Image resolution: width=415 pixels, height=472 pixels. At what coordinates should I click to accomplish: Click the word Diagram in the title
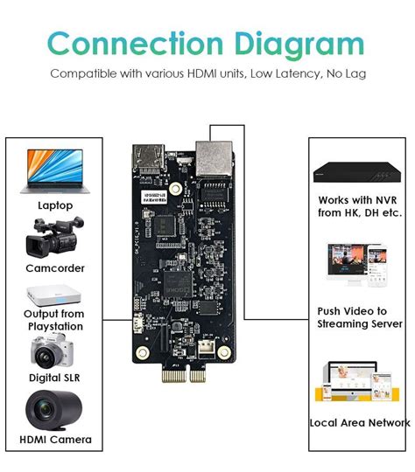click(x=292, y=44)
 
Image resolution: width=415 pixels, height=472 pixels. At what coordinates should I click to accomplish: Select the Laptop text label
click(x=55, y=205)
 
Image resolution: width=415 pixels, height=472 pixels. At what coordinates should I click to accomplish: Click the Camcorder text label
click(x=55, y=269)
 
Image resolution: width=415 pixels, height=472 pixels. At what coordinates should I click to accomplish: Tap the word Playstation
click(x=54, y=326)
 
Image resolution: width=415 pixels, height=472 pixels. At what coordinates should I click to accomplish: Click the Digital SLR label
click(x=55, y=378)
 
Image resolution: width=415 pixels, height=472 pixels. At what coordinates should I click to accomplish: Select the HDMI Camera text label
click(x=55, y=439)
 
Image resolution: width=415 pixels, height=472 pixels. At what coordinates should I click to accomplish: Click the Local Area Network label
click(x=359, y=422)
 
